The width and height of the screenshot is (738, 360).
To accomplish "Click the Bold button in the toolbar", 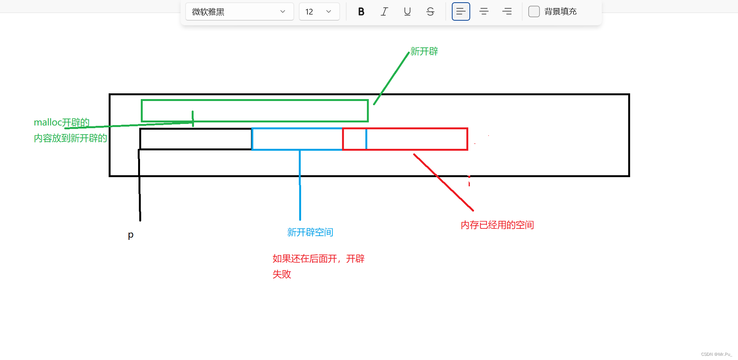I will pyautogui.click(x=361, y=11).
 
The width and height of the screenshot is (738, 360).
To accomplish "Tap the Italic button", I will pyautogui.click(x=384, y=11).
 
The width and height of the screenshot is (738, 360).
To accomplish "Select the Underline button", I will pyautogui.click(x=407, y=11).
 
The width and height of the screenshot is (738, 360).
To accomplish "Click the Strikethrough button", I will pyautogui.click(x=430, y=11).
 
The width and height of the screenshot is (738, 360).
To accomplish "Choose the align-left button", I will pyautogui.click(x=461, y=11).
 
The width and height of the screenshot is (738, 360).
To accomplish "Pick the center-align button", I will pyautogui.click(x=484, y=11).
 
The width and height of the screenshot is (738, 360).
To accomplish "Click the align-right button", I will pyautogui.click(x=507, y=11).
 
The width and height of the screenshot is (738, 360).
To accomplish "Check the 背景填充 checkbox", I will pyautogui.click(x=534, y=11).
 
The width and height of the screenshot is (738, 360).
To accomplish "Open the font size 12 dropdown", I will pyautogui.click(x=319, y=11).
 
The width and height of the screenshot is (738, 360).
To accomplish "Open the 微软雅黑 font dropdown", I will pyautogui.click(x=239, y=11).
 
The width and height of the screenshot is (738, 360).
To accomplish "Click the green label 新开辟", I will pyautogui.click(x=424, y=51).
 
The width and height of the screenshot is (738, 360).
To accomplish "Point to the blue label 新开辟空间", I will pyautogui.click(x=310, y=232).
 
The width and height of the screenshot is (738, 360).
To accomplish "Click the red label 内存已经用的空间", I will pyautogui.click(x=497, y=225).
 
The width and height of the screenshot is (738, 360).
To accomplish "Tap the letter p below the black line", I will pyautogui.click(x=130, y=235).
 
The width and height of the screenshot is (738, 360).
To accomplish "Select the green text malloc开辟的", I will pyautogui.click(x=62, y=122).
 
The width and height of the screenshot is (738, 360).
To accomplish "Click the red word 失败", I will pyautogui.click(x=282, y=274).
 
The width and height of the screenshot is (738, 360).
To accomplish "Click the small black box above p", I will pyautogui.click(x=195, y=139).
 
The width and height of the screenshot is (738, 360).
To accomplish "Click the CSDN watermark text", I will pyautogui.click(x=716, y=354).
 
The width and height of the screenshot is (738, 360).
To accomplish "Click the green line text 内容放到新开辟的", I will pyautogui.click(x=70, y=138).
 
